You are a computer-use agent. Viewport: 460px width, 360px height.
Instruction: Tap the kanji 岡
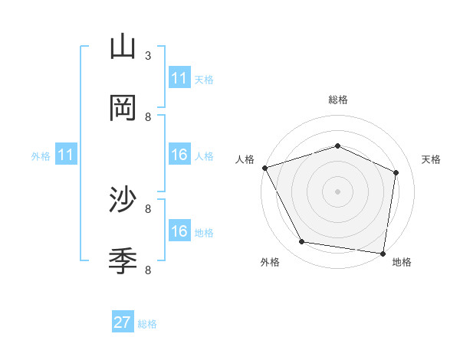(x=123, y=107)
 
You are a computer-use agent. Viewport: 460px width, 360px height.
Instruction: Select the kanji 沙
(x=123, y=200)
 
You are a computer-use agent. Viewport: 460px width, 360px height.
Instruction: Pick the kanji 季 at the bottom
(x=123, y=261)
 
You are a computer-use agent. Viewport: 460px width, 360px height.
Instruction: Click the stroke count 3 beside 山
(x=148, y=55)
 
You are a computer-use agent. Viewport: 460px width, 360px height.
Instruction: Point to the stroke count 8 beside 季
(x=148, y=270)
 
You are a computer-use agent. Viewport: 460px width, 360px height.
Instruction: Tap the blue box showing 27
(x=123, y=322)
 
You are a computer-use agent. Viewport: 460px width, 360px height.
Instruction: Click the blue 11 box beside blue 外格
(x=66, y=155)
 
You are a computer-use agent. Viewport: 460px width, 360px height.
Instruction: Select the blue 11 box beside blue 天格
(x=179, y=78)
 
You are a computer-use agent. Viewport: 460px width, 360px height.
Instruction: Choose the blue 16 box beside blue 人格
(x=179, y=155)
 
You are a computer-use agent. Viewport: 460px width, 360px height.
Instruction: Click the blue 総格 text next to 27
(x=147, y=324)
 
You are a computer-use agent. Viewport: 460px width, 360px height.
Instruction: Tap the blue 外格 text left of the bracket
(x=41, y=156)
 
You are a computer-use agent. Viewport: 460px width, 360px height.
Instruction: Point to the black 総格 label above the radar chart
(x=338, y=100)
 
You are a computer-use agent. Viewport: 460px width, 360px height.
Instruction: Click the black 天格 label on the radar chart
(x=432, y=159)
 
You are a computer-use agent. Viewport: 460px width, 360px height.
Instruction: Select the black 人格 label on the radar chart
(x=245, y=159)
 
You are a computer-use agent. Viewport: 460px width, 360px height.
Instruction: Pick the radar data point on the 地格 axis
(x=383, y=253)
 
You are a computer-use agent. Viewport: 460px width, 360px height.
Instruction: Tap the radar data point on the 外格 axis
(x=302, y=243)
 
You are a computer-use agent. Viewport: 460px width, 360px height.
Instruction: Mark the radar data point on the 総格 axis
(x=338, y=146)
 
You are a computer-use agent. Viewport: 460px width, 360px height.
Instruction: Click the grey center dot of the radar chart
(x=338, y=191)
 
